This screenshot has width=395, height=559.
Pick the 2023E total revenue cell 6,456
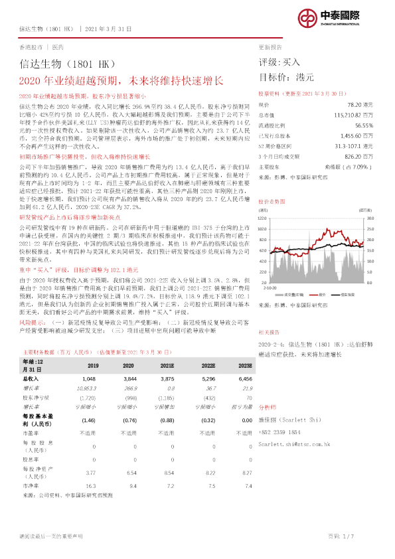[246, 376]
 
